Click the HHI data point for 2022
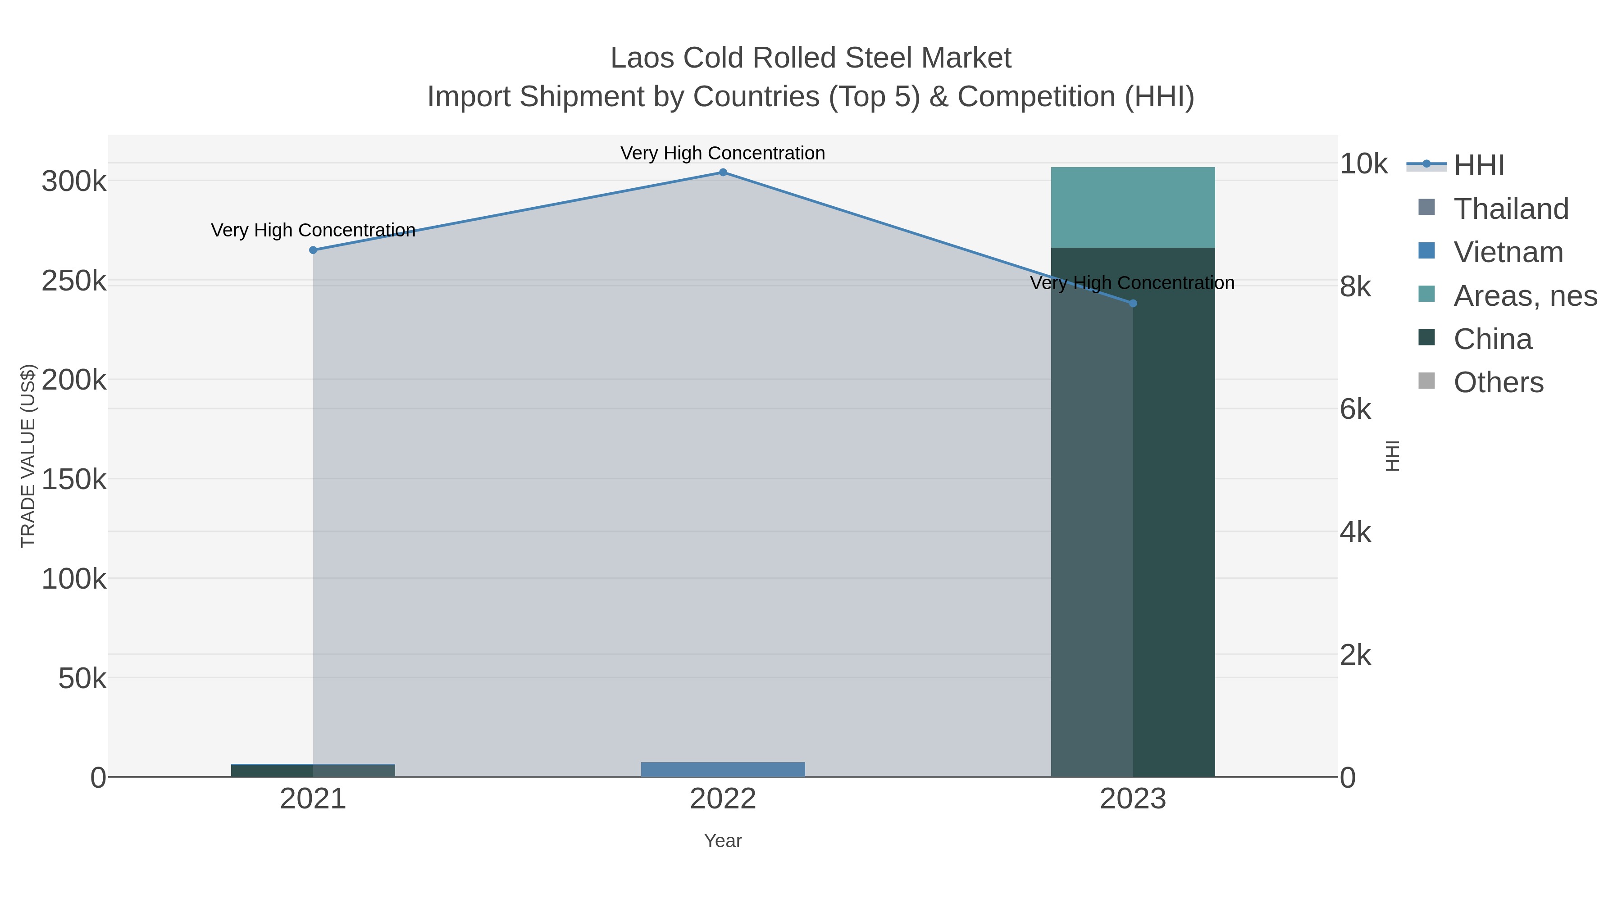[723, 172]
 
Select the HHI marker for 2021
[313, 250]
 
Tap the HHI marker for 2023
[1133, 304]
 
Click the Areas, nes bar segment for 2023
[1133, 207]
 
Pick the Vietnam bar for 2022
[723, 769]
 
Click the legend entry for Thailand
[1511, 209]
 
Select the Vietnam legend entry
[1508, 252]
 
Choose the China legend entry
[1492, 339]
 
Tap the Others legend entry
[1498, 382]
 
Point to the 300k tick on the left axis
[74, 182]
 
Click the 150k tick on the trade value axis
[74, 480]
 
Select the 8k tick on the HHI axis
[1355, 286]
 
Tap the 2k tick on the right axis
[1355, 655]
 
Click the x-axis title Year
[723, 841]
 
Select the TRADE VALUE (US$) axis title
[28, 456]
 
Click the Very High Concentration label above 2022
[723, 153]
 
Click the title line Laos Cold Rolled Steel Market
[811, 58]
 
